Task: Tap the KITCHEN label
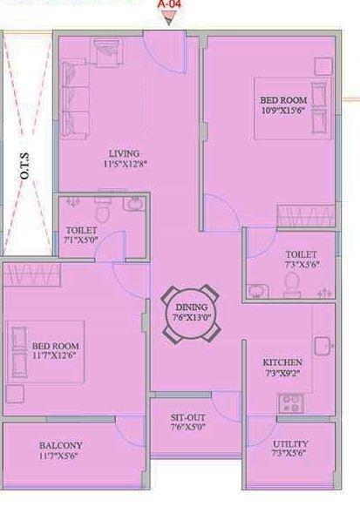pyautogui.click(x=282, y=362)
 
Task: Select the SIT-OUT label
pyautogui.click(x=187, y=416)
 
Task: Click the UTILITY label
pyautogui.click(x=290, y=443)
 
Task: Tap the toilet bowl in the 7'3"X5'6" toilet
pyautogui.click(x=292, y=281)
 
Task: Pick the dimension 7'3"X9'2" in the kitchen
pyautogui.click(x=282, y=373)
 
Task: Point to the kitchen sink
pyautogui.click(x=323, y=345)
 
